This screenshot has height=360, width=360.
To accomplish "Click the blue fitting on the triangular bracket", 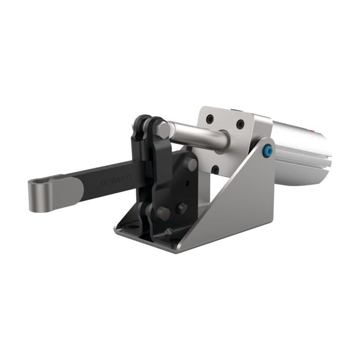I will (x=268, y=151).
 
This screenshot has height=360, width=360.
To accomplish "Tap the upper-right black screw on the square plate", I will (x=240, y=125).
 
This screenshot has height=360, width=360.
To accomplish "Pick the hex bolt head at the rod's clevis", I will (x=163, y=131).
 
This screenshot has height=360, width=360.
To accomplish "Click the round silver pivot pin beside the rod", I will (x=191, y=165).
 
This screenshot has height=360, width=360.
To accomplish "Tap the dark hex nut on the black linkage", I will (x=181, y=209).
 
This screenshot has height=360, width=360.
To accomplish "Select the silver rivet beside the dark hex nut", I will (x=163, y=212).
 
